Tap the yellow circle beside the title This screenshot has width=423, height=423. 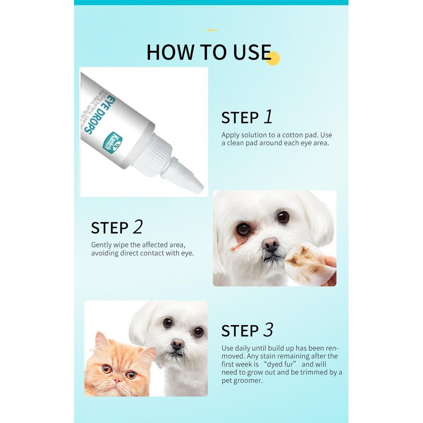click(273, 58)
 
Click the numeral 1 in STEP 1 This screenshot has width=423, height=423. click(269, 116)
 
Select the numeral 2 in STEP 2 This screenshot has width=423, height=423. click(137, 227)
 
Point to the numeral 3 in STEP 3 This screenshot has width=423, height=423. click(269, 330)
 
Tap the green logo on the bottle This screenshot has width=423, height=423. click(115, 142)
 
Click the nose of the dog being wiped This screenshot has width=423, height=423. click(270, 244)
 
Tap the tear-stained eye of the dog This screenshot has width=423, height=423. click(243, 229)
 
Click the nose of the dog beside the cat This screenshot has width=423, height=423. click(178, 344)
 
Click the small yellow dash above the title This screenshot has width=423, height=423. click(212, 30)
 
